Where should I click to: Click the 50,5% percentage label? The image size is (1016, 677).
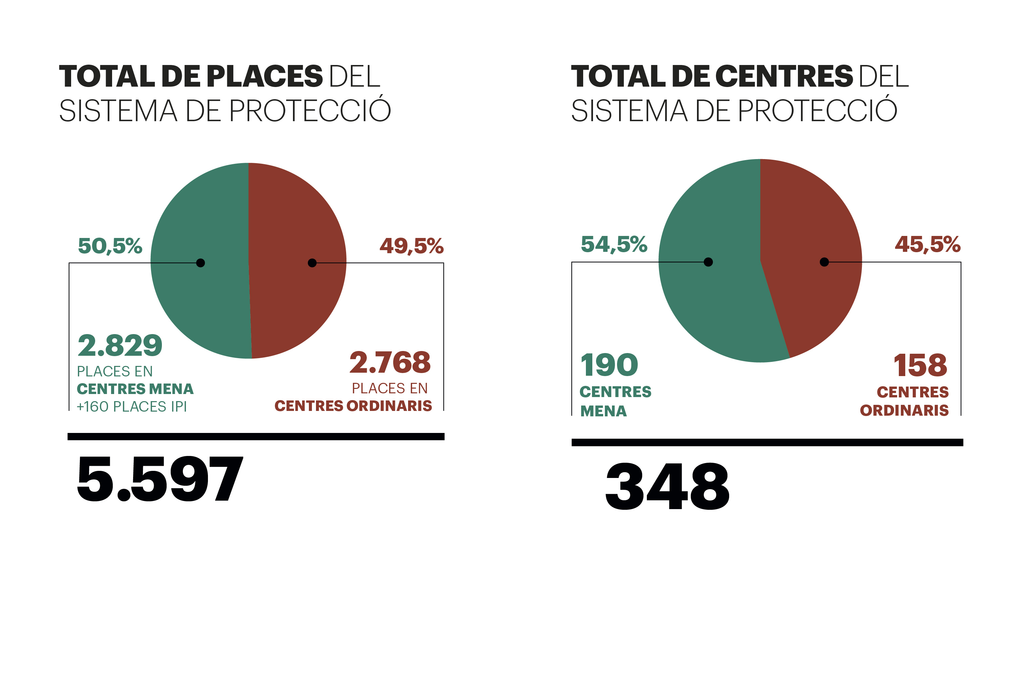[x=110, y=246]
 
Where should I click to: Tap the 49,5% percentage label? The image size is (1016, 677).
[x=412, y=246]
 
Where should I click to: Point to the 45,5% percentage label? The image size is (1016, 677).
[x=928, y=244]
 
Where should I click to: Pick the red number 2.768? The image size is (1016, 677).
[x=390, y=363]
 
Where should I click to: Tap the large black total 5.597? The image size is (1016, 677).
[x=160, y=479]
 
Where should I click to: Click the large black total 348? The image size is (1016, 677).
[x=668, y=487]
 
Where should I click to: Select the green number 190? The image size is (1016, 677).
[x=609, y=365]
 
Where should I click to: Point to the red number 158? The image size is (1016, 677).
[x=920, y=365]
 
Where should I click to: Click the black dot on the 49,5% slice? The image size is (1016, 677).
[x=312, y=263]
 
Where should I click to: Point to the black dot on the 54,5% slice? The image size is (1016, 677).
[x=708, y=262]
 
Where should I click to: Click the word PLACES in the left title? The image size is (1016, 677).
[x=265, y=77]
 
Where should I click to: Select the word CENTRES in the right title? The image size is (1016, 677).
[x=784, y=77]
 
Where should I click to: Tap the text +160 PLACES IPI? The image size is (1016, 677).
[x=132, y=407]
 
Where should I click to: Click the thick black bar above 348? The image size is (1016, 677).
[x=767, y=442]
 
